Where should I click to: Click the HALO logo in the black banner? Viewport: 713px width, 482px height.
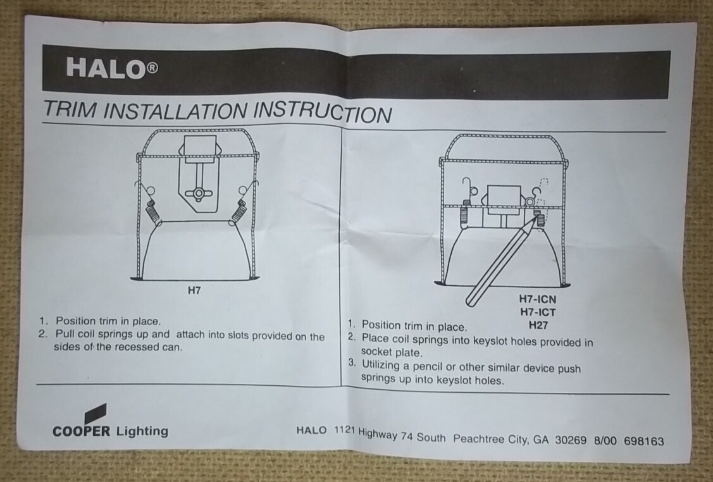point(112,68)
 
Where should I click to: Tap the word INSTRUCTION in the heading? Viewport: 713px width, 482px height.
point(322,112)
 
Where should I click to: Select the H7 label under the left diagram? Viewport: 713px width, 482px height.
point(194,290)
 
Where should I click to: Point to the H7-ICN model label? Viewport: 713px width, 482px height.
point(538,299)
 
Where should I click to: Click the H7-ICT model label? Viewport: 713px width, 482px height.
point(538,312)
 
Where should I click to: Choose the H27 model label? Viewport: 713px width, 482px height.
point(538,325)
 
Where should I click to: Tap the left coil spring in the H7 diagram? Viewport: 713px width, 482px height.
point(153,212)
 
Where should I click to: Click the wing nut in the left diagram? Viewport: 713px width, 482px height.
point(199,194)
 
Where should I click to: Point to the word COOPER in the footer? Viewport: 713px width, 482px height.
point(82,431)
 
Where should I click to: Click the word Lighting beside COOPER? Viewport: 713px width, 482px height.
point(142,431)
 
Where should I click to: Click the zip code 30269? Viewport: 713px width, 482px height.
point(571,440)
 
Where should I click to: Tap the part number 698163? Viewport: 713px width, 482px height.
point(644,441)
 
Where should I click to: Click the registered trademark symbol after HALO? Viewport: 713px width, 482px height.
point(152,68)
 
